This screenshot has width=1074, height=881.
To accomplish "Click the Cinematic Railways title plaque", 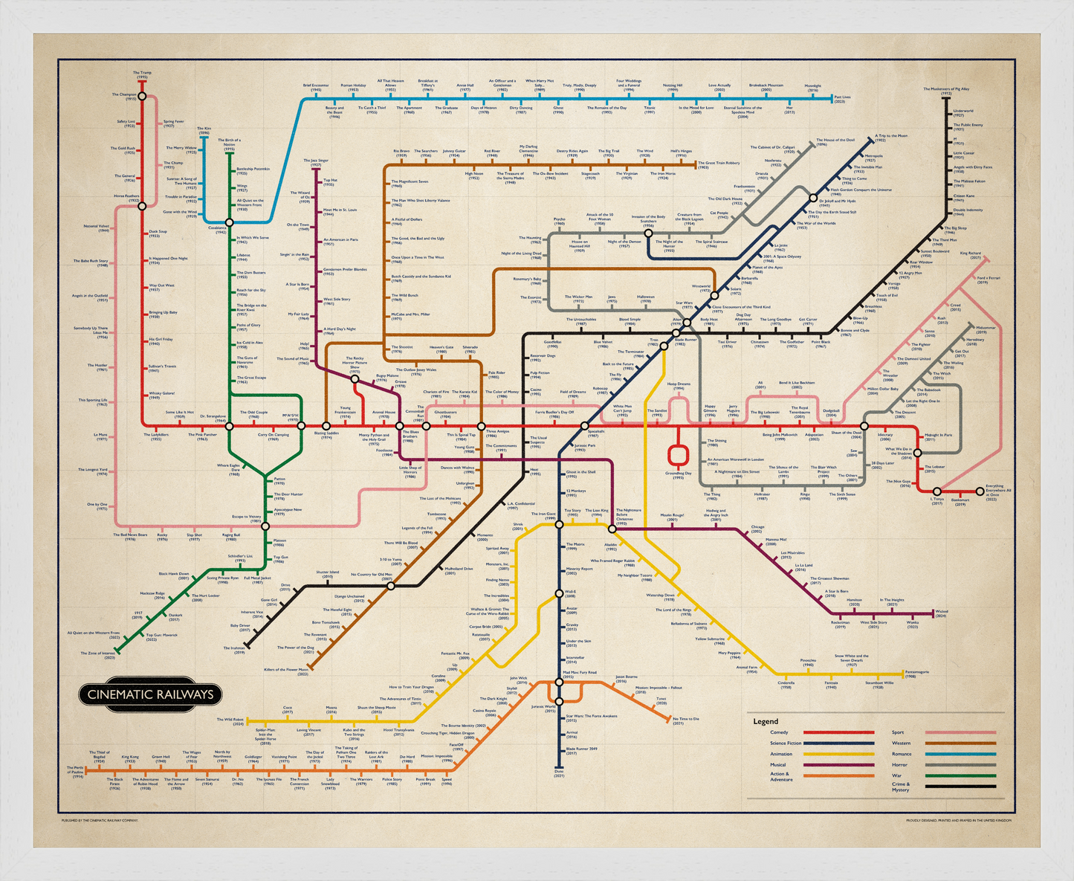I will (151, 694).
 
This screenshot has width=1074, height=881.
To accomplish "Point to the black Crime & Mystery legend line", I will (960, 786).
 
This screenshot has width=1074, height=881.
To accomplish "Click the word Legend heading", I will (766, 721).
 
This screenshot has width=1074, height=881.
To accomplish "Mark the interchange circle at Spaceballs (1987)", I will (585, 426).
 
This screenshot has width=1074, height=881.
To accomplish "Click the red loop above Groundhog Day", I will (677, 454).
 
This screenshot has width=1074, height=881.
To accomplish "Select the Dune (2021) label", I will (559, 775).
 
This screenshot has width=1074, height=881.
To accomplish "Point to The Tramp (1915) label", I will (142, 74).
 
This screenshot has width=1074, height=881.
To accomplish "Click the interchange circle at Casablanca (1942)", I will (230, 222).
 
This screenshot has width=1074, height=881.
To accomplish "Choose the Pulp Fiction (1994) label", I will (540, 374).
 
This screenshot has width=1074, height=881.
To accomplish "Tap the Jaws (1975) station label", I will (612, 299).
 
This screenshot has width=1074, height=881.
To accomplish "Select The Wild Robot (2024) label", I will (230, 721).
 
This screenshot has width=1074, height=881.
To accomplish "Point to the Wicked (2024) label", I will (941, 613).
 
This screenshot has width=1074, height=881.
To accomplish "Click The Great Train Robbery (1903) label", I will (719, 164).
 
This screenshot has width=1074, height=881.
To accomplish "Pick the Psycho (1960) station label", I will (560, 221).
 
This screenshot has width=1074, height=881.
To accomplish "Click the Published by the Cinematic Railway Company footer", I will (100, 821).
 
